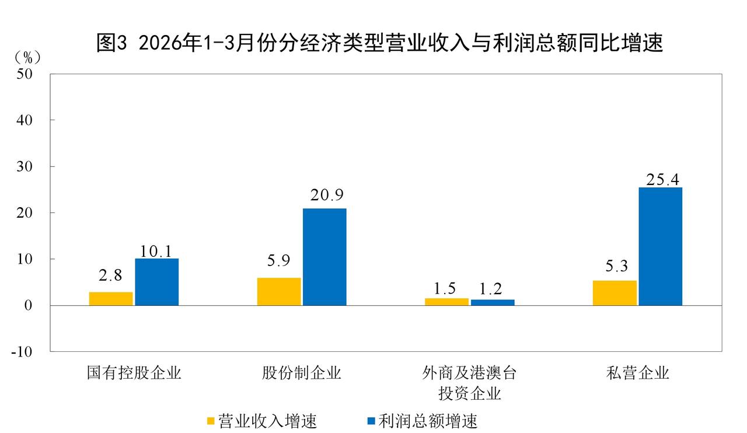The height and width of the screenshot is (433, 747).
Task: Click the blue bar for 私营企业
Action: tap(660, 246)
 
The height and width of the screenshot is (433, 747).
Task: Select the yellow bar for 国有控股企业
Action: tap(111, 298)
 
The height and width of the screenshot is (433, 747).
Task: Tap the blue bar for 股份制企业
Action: tap(324, 257)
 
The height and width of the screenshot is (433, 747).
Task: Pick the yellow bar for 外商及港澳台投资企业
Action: tap(446, 302)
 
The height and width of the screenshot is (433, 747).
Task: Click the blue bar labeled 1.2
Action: tap(493, 302)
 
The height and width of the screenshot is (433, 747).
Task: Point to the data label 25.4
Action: tap(662, 179)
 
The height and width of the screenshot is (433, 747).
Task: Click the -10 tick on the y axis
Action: tap(23, 352)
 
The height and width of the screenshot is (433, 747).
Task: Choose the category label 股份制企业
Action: tap(301, 373)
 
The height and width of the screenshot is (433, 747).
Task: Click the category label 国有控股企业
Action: tap(134, 373)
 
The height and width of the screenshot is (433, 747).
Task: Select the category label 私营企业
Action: tap(637, 373)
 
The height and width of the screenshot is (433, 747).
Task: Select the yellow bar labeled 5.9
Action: tap(279, 291)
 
